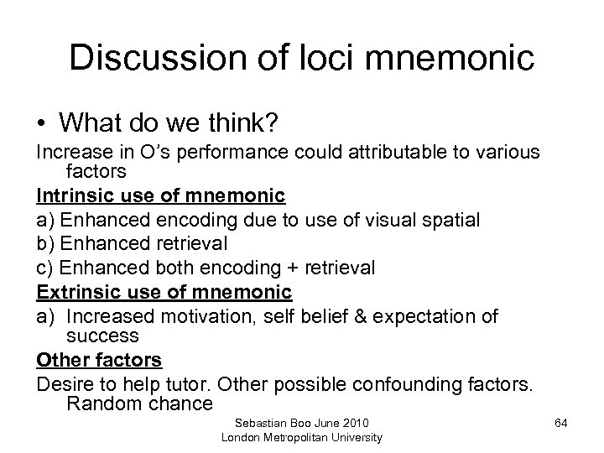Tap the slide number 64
[560, 423]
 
